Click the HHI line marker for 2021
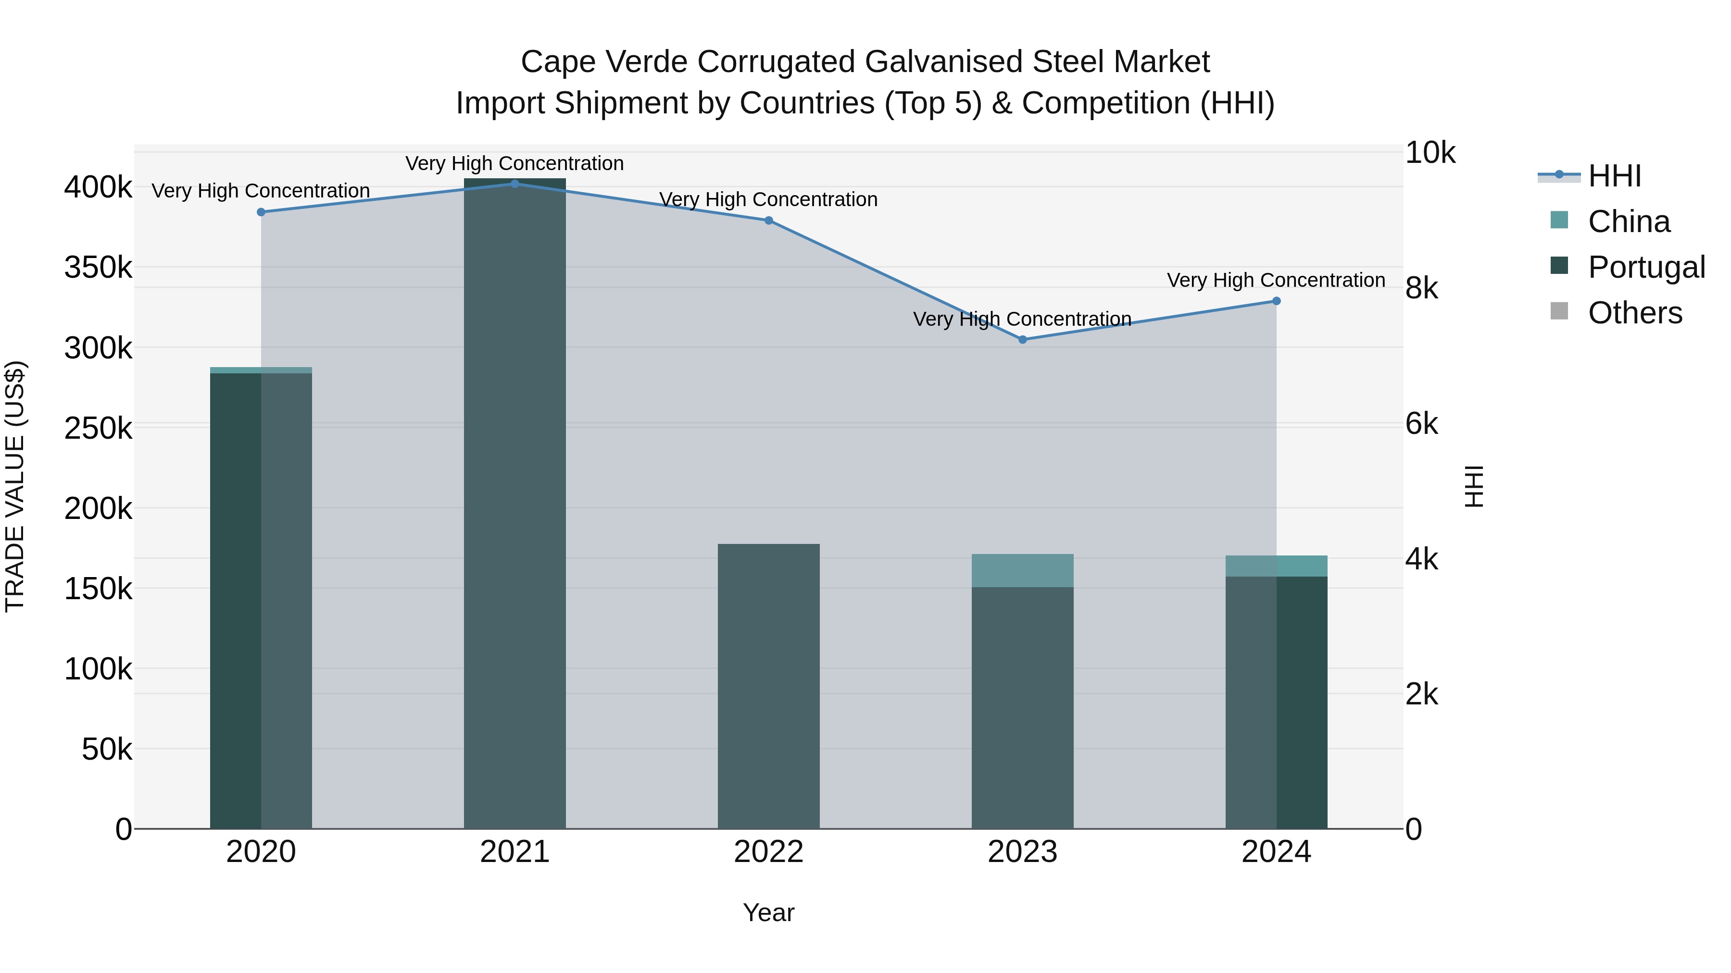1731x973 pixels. click(514, 184)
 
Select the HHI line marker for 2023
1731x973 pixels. click(1022, 340)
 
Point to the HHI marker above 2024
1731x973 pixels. click(1276, 301)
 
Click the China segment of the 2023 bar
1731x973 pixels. click(1022, 571)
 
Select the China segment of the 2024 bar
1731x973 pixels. click(1276, 566)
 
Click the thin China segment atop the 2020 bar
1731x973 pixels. click(262, 370)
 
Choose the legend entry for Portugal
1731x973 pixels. click(1646, 267)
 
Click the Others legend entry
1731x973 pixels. click(1634, 313)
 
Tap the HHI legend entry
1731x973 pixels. click(1614, 176)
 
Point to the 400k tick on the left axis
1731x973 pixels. click(98, 187)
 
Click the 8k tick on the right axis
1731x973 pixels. click(1421, 289)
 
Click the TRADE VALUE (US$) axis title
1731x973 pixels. click(15, 486)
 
